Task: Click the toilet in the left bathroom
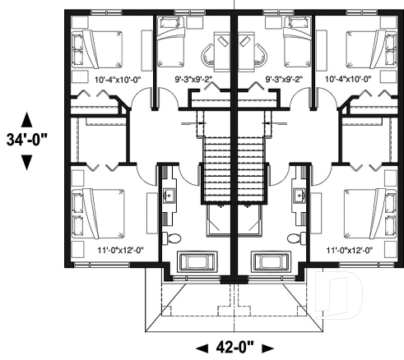pos(170,238)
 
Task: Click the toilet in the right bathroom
pos(295,238)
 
